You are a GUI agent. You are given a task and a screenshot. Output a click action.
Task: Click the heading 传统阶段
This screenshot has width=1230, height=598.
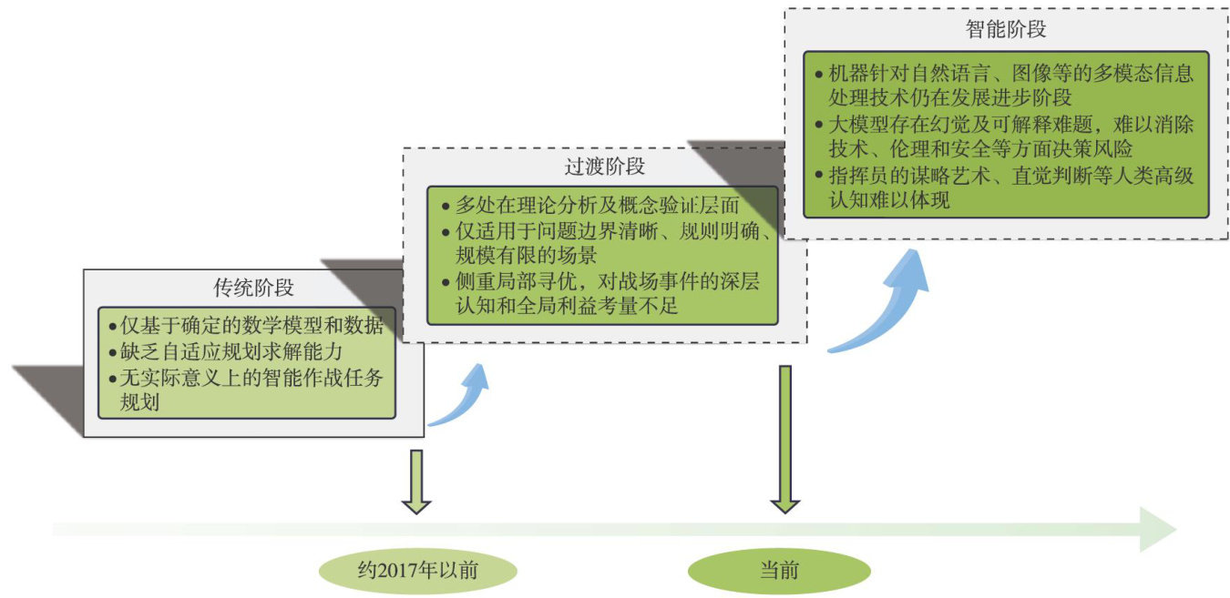[253, 289]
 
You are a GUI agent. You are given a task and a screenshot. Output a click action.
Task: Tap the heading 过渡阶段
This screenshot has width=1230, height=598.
[605, 167]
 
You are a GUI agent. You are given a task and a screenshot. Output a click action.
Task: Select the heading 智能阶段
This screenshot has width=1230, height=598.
[1005, 29]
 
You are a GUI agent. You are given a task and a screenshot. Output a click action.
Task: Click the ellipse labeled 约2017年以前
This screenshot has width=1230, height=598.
[418, 571]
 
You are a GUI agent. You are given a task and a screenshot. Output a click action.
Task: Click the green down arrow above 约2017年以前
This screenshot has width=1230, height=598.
[416, 481]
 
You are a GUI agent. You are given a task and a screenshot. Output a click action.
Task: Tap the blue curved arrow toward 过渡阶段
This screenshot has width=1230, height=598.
[463, 397]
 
